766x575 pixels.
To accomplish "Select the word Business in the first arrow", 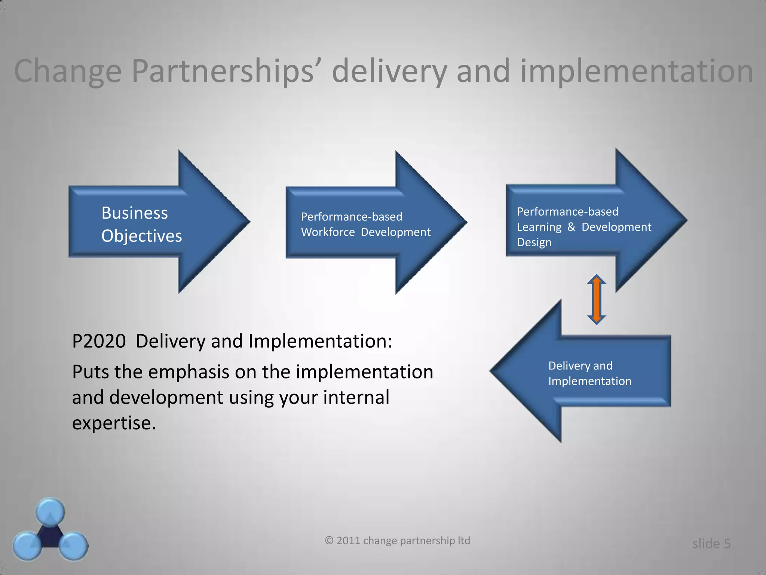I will coord(134,213).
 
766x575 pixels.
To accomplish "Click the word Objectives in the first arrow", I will coord(141,236).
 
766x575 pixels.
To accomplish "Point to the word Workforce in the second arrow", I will coord(328,232).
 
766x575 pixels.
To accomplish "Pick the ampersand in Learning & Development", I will coord(571,227).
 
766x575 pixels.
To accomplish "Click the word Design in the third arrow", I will coord(534,243).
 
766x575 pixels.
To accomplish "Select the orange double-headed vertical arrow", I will coord(596,299).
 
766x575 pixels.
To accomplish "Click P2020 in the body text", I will coord(99,341).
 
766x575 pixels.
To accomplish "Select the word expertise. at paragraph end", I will coord(114,423).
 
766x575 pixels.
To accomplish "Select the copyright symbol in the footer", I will coord(329,541).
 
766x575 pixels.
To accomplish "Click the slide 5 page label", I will coord(711,544).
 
